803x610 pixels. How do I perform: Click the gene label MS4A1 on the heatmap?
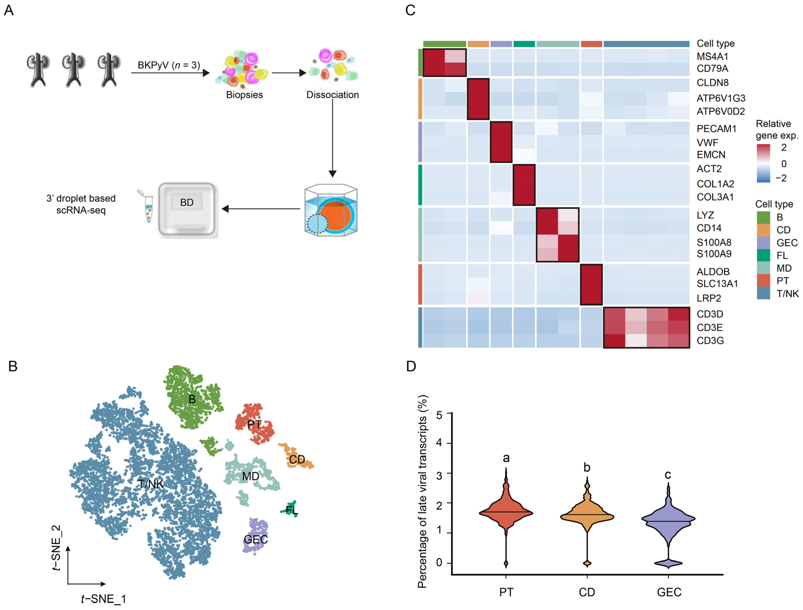click(x=712, y=57)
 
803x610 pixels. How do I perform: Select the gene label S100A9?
click(x=714, y=254)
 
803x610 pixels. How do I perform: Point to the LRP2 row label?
click(x=709, y=298)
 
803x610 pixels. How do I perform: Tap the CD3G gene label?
click(x=710, y=341)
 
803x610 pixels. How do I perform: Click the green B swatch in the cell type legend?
click(x=764, y=217)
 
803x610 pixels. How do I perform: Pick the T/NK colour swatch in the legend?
click(x=764, y=293)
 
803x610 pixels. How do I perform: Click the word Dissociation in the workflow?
click(x=333, y=95)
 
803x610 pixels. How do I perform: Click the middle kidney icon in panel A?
click(x=74, y=70)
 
